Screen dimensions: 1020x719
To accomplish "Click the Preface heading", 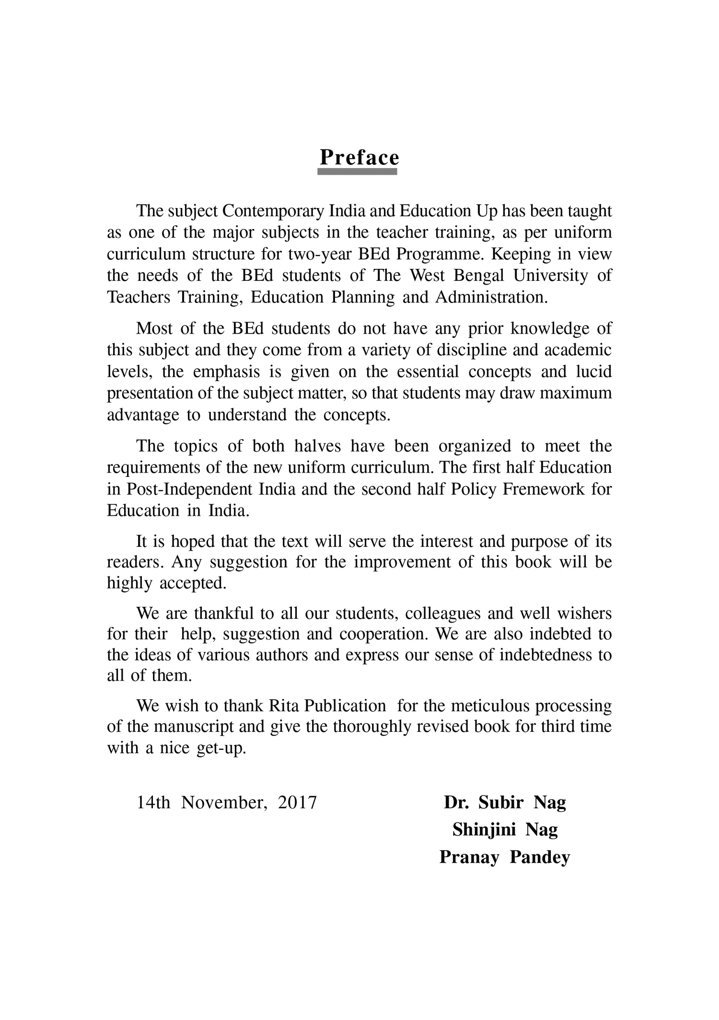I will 359,157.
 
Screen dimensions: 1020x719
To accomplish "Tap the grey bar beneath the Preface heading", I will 357,171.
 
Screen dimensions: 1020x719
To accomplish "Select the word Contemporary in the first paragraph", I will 273,211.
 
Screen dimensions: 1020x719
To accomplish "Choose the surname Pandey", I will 540,857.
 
